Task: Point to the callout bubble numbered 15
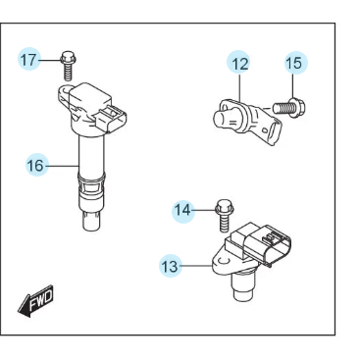[x=294, y=64]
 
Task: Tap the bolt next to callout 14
[x=222, y=213]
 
